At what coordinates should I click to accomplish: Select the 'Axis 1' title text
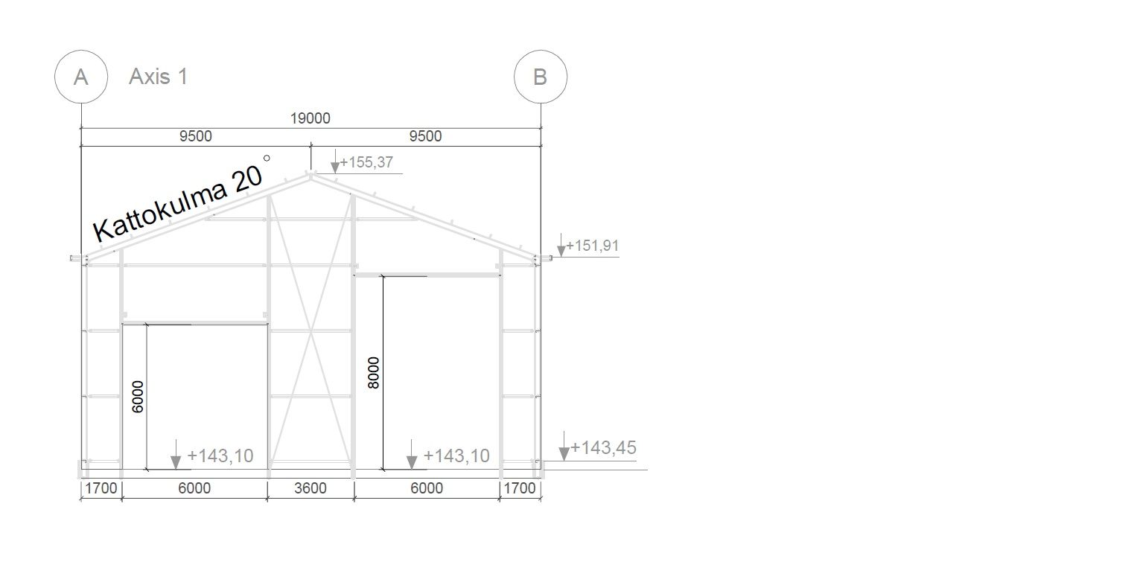159,77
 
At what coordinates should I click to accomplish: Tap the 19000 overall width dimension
310,118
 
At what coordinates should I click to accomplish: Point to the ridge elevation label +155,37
366,162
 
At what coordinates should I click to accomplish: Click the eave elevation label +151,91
593,246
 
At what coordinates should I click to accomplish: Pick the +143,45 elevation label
603,447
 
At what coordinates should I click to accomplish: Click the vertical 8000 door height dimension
374,373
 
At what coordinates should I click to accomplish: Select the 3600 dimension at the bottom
310,488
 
